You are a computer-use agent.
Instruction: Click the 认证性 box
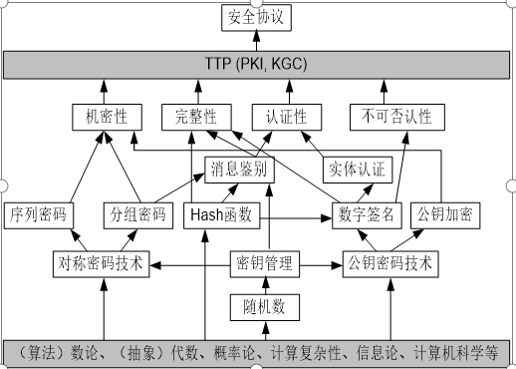(280, 117)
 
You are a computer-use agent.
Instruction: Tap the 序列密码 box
(39, 214)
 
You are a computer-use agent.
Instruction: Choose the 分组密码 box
(135, 214)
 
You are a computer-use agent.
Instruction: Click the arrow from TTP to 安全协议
(258, 42)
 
